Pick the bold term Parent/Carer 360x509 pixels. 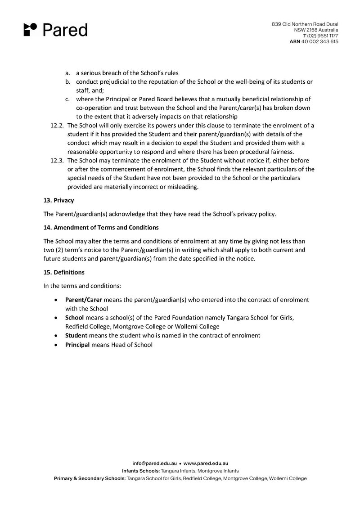click(84, 299)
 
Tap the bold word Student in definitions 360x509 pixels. click(76, 335)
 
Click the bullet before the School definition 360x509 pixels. click(55, 318)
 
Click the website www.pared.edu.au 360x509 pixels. click(206, 463)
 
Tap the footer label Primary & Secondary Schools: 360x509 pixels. click(90, 478)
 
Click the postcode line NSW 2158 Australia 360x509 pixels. click(316, 30)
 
